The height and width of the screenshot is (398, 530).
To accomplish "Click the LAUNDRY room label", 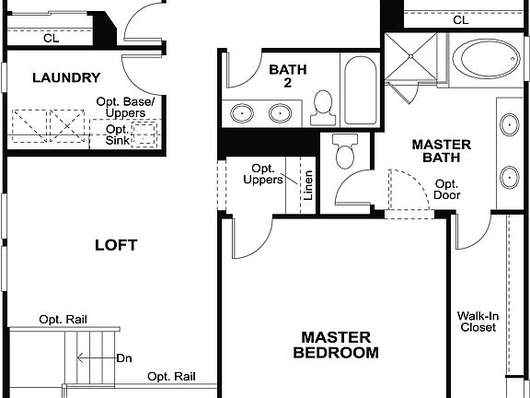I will pos(66,78).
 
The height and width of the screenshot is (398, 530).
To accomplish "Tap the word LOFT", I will pos(116,245).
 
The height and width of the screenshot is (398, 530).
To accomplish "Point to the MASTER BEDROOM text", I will pos(336,345).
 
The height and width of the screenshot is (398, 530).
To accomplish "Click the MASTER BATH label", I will pos(441,153).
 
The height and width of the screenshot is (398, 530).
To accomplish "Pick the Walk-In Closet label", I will pos(477,321).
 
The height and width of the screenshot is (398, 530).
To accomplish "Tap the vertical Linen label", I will pos(308,184).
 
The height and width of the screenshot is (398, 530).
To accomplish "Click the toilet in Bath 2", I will pos(323,109).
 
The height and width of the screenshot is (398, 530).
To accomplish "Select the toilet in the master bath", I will pos(346,152).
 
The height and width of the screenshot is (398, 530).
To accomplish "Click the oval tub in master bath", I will pos(488,61).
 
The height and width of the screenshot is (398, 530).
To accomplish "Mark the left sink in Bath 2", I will pos(243,113).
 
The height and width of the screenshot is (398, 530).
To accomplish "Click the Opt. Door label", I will pos(447,190).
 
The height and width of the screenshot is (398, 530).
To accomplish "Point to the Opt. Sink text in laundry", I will pos(117,135).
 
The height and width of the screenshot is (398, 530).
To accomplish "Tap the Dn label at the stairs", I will pos(124,358).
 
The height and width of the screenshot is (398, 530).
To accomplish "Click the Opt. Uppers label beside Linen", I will pos(263,173).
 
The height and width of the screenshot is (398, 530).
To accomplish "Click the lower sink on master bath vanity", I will pos(510,175).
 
